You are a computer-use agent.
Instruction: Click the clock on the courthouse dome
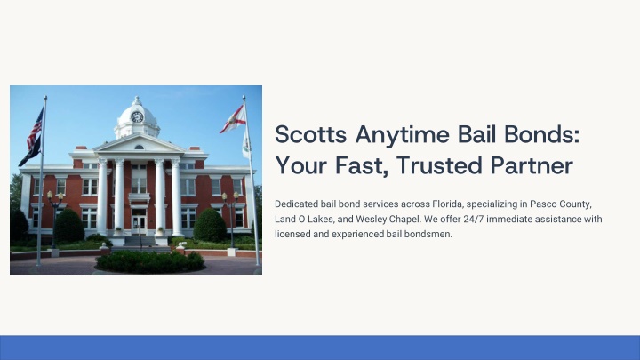click(x=137, y=117)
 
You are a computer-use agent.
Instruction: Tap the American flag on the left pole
click(x=35, y=129)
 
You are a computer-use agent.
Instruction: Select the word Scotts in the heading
click(x=310, y=134)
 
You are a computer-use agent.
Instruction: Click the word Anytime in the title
click(x=402, y=135)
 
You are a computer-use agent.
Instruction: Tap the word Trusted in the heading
click(x=439, y=165)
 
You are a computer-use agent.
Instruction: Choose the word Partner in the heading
click(x=532, y=166)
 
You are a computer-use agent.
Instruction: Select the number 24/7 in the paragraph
click(x=474, y=220)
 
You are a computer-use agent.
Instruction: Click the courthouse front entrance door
click(x=139, y=225)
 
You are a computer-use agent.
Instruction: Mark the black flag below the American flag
click(x=30, y=152)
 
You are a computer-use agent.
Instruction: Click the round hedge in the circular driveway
click(x=150, y=260)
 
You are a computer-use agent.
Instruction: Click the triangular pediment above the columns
click(x=139, y=144)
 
